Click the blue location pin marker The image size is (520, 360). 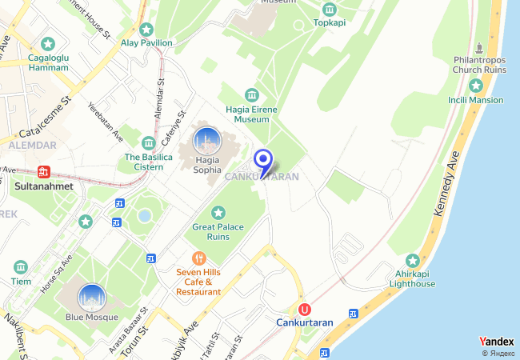pos(264,161)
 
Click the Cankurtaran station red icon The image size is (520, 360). pos(304,310)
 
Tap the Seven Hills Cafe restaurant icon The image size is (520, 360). pos(198,258)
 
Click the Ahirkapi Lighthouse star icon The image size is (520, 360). pos(413,261)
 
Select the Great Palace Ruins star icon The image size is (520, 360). pos(218,213)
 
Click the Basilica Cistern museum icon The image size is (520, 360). pos(148,143)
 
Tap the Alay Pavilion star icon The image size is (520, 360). pos(146,29)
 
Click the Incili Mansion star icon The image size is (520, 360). pos(477,85)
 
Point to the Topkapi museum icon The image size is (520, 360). pos(330,9)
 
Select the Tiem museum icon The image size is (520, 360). pos(21,266)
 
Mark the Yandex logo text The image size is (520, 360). pos(497,341)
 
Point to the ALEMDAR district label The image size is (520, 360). pos(32,145)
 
